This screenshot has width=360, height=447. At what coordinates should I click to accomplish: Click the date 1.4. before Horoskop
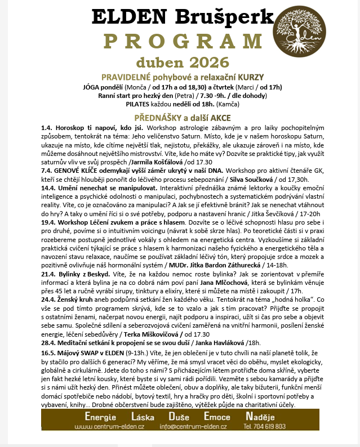click(47, 128)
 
